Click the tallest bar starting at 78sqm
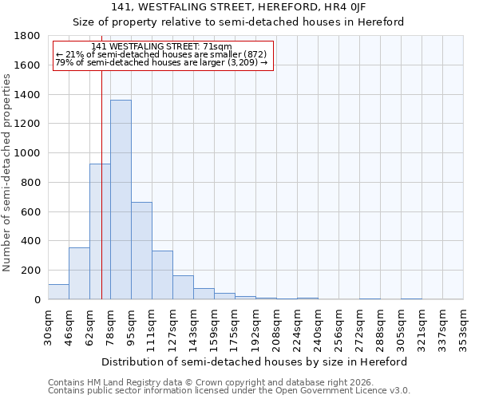click(x=121, y=199)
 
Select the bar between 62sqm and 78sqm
click(x=100, y=231)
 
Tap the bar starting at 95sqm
click(x=141, y=251)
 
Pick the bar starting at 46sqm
click(x=79, y=273)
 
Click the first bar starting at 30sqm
click(x=58, y=291)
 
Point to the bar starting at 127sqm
click(x=183, y=287)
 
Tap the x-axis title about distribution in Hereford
click(x=255, y=361)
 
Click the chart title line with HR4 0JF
click(x=238, y=7)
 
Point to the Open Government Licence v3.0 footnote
click(x=229, y=391)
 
